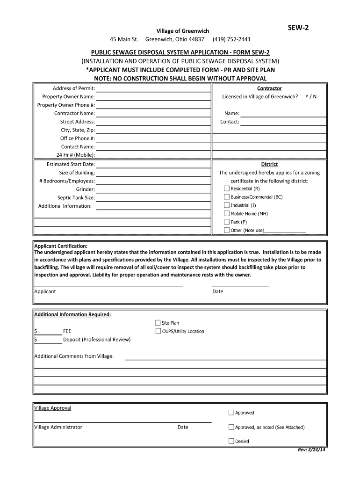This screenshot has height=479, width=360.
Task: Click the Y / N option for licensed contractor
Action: (x=310, y=96)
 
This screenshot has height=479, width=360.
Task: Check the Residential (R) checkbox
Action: (x=227, y=189)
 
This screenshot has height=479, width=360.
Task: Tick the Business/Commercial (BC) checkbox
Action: (x=227, y=197)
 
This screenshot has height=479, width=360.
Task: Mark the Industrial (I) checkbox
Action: (x=227, y=205)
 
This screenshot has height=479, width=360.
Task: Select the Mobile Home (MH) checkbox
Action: (x=227, y=213)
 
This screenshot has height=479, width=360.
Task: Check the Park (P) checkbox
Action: (x=227, y=222)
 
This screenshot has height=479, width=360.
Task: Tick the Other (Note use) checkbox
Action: (x=227, y=230)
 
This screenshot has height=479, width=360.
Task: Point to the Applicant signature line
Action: (x=108, y=285)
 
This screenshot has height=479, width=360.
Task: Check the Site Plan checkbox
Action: (x=158, y=323)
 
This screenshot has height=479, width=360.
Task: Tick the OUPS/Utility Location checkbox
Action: (x=158, y=331)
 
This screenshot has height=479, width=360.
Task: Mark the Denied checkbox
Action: (x=231, y=441)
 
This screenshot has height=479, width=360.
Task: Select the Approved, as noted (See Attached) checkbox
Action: (x=231, y=427)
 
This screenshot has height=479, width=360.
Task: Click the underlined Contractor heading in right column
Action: (x=269, y=88)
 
